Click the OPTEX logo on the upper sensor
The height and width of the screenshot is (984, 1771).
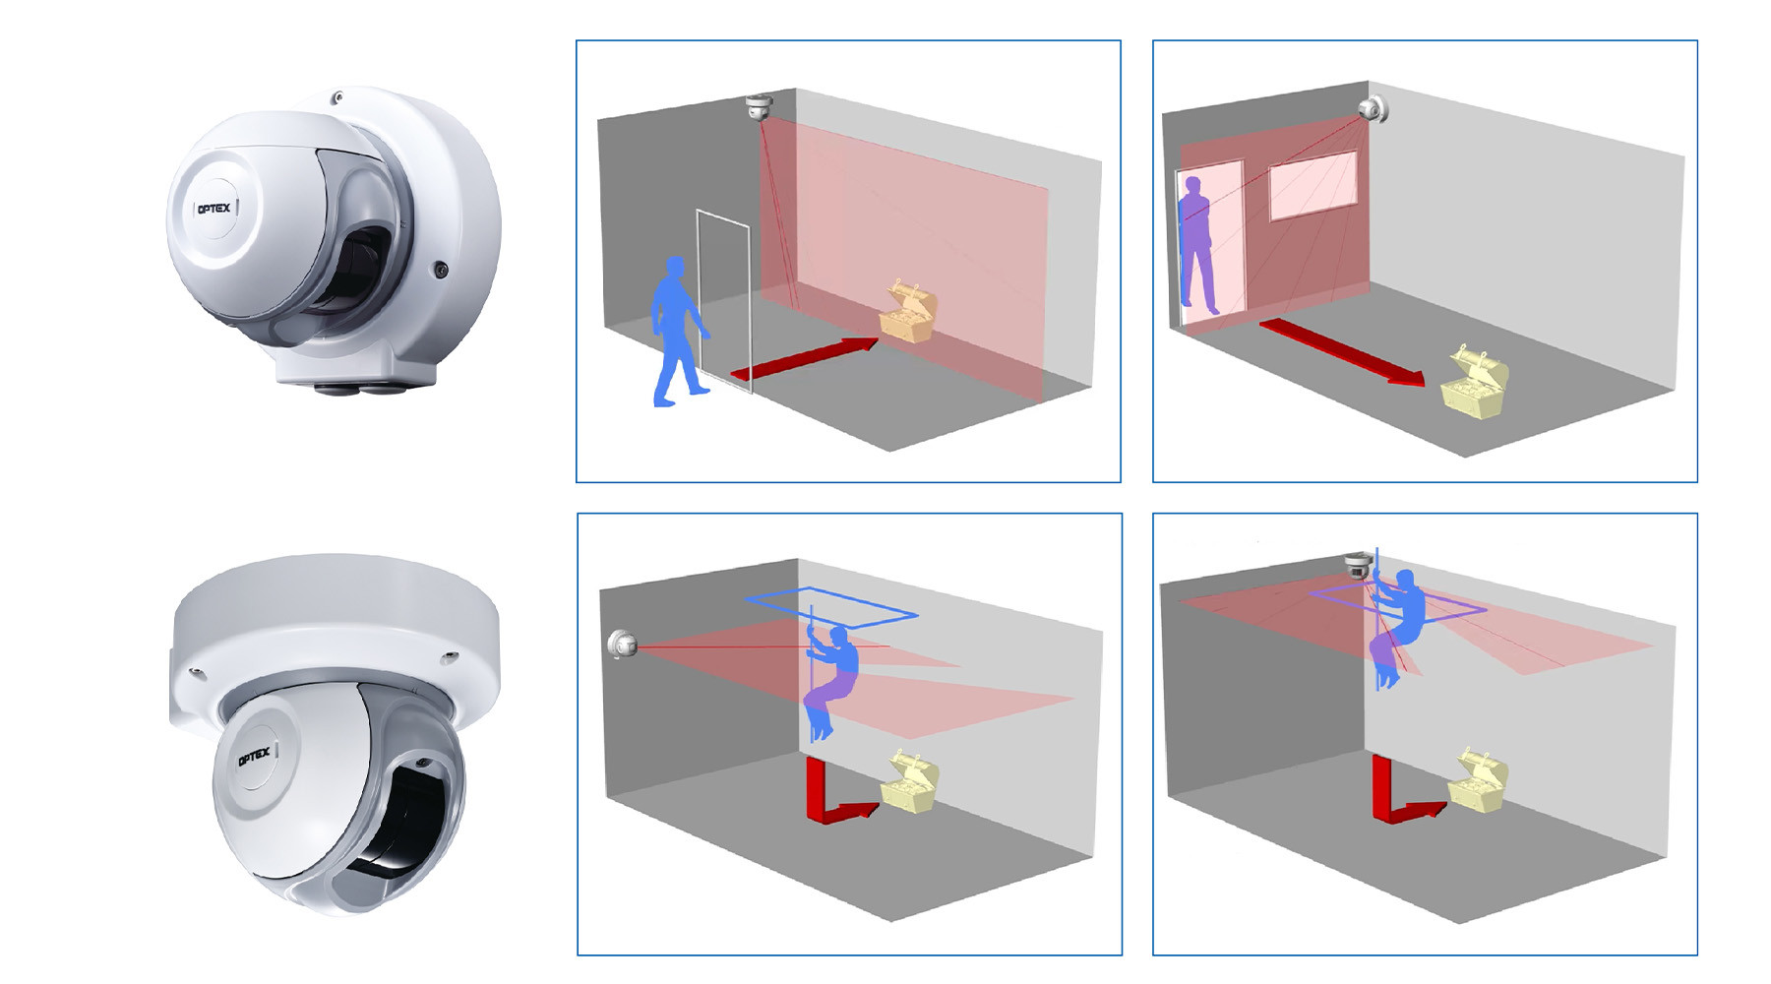tap(214, 209)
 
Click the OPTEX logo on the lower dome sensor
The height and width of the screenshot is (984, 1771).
tap(254, 757)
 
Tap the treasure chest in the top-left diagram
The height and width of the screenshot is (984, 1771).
tap(907, 313)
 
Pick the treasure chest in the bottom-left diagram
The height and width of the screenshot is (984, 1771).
tap(909, 783)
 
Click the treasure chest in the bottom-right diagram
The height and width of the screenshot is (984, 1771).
tap(1478, 781)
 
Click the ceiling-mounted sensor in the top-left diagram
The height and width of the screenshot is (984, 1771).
tap(758, 106)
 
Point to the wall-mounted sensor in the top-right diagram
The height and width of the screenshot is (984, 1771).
tap(1374, 109)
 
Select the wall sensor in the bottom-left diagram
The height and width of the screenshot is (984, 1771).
tap(622, 645)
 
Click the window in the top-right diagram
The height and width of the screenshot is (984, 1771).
tap(1313, 185)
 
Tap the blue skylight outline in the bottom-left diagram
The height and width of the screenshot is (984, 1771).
tap(831, 602)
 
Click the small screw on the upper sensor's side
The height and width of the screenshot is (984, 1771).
tap(442, 269)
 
